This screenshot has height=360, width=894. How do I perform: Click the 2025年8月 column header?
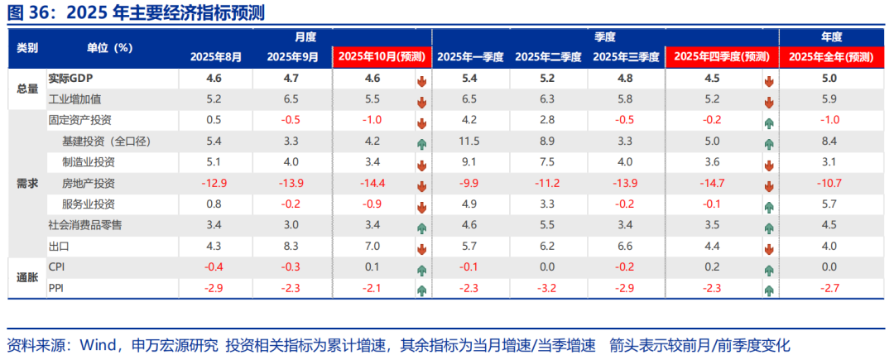(216, 57)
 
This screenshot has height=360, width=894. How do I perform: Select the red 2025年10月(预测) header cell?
(381, 57)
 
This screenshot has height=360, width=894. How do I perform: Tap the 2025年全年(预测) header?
(830, 57)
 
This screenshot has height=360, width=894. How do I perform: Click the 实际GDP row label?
(68, 79)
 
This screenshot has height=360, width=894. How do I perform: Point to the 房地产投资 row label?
(89, 183)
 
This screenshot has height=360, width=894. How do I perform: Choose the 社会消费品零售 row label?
(85, 225)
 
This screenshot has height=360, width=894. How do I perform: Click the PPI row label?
(57, 287)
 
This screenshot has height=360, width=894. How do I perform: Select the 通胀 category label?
(27, 277)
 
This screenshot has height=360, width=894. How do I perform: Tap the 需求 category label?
(27, 183)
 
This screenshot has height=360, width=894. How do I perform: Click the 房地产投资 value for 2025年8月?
(213, 183)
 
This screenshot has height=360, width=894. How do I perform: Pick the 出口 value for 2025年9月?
(291, 246)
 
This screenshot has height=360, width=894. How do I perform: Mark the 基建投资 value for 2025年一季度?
(469, 142)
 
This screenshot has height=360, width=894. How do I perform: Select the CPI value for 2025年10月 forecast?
(372, 266)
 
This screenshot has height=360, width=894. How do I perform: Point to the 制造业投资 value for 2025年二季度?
(546, 162)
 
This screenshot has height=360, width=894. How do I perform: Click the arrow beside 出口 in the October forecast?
(421, 247)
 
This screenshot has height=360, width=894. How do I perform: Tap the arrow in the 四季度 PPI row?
(769, 290)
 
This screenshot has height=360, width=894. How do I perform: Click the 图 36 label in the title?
(28, 13)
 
